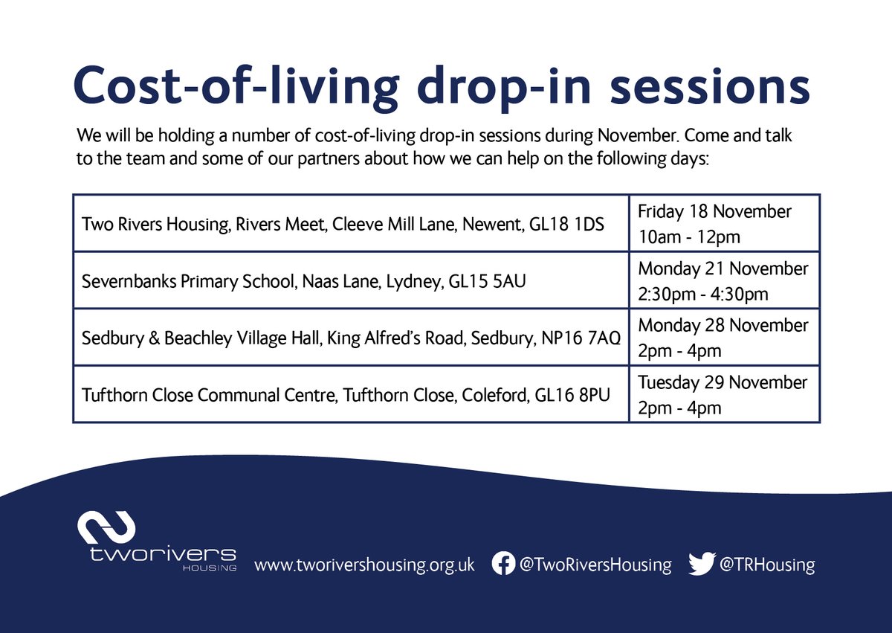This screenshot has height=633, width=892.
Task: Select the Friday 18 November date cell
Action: pos(724,222)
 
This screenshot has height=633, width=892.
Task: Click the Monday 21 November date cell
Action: pos(724,280)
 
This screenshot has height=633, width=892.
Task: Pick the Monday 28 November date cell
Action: pos(724,337)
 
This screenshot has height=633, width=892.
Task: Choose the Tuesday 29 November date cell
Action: pos(724,394)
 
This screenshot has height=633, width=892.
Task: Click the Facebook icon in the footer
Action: pos(504,563)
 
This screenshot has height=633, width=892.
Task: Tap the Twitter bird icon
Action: pos(701,564)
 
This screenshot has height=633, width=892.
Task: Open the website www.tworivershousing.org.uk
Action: pos(364,565)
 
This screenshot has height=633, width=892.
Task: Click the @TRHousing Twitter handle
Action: pos(766,565)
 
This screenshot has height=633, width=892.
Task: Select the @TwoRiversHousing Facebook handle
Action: pos(595,565)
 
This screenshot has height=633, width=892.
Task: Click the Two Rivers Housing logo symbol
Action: pos(107,527)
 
